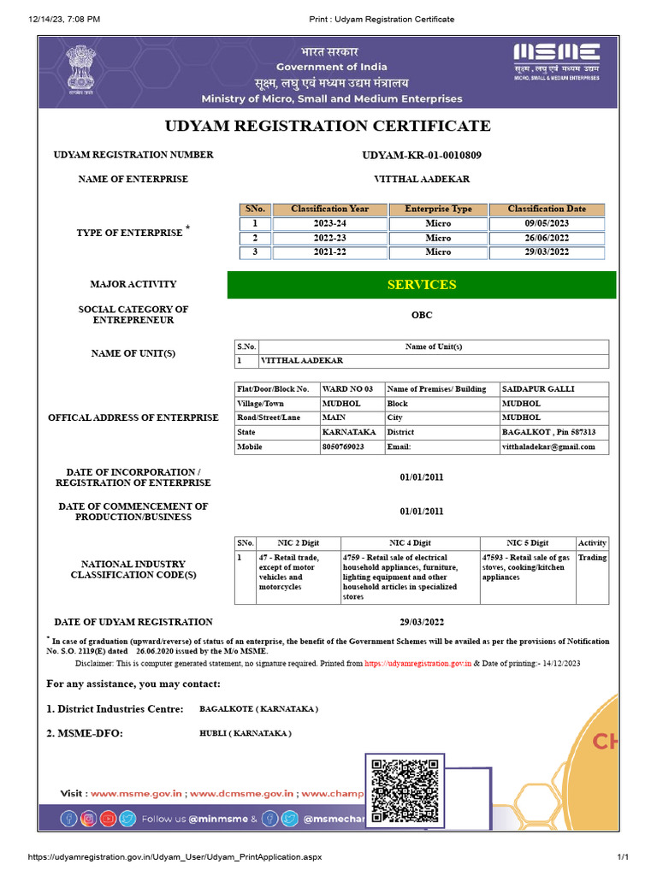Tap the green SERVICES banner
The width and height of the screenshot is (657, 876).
pyautogui.click(x=422, y=285)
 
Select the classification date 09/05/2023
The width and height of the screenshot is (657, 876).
pyautogui.click(x=547, y=223)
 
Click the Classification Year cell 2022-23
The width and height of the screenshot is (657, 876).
pyautogui.click(x=329, y=238)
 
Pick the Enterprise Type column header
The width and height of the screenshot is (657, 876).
pyautogui.click(x=438, y=209)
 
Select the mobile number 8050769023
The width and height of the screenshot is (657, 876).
pyautogui.click(x=342, y=447)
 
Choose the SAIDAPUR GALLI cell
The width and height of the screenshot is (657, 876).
pyautogui.click(x=537, y=389)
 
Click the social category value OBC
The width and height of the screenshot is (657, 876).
pyautogui.click(x=422, y=315)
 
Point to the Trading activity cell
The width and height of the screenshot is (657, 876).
pyautogui.click(x=592, y=557)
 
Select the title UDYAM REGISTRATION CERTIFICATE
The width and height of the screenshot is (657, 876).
pyautogui.click(x=328, y=126)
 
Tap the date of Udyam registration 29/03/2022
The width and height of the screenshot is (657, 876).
pyautogui.click(x=422, y=622)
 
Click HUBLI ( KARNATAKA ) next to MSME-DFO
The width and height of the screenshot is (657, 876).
pyautogui.click(x=245, y=734)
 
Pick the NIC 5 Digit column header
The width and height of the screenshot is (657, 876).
pyautogui.click(x=527, y=542)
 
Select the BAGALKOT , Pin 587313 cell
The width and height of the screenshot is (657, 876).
pyautogui.click(x=548, y=432)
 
